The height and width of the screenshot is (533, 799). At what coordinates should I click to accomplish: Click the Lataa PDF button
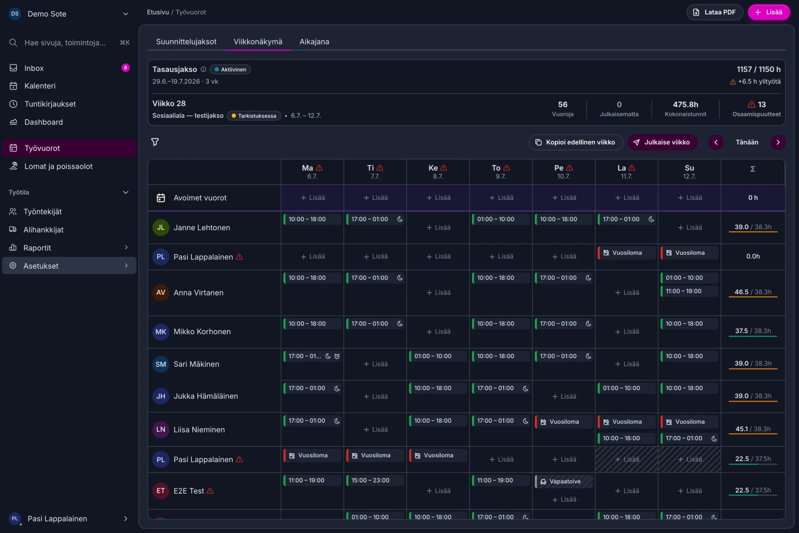715,12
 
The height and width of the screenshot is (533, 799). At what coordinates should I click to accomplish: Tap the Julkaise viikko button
662,142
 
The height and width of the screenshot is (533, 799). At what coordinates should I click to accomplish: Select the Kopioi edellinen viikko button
575,142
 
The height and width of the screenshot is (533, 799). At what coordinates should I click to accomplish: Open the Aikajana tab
314,41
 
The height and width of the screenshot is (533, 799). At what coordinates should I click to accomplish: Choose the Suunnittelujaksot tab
186,41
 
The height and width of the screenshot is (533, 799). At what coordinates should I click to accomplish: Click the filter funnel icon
155,142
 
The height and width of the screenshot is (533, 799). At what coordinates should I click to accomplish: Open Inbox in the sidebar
34,68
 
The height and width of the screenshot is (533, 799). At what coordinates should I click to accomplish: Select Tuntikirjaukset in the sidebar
50,104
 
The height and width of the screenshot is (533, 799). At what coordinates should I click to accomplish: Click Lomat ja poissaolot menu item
58,166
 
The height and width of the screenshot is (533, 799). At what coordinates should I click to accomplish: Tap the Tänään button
747,142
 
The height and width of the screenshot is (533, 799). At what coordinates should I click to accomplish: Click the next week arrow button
778,142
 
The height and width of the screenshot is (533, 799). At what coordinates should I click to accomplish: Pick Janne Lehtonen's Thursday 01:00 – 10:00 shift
500,219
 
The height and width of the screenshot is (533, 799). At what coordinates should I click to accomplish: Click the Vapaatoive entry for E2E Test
564,481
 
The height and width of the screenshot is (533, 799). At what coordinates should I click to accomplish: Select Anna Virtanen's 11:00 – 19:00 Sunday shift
689,291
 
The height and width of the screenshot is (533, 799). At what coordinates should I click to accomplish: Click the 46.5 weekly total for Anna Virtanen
741,292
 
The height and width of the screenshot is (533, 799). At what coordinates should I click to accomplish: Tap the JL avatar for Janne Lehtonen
160,227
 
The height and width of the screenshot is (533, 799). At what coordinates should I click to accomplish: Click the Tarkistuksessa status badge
254,115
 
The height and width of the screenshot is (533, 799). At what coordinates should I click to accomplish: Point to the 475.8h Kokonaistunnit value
685,104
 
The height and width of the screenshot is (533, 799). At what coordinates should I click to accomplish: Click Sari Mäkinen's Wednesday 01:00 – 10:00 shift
437,356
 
